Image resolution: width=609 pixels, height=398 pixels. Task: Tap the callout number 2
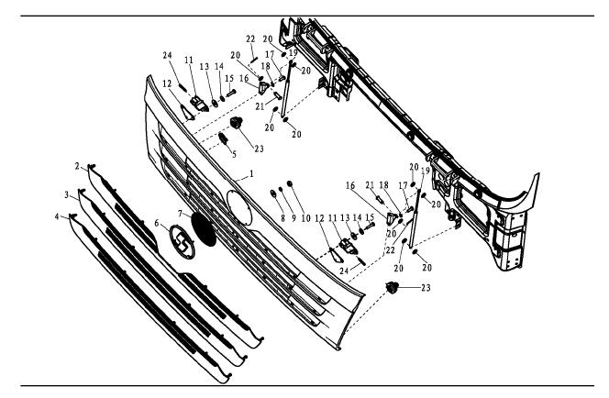77,165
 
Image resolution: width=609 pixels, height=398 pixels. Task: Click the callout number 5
207,153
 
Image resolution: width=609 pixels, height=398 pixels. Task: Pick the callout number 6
157,223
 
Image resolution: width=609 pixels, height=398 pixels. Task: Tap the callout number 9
282,218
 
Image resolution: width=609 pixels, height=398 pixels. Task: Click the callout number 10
296,218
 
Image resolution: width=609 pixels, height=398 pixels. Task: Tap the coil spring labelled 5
221,141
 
